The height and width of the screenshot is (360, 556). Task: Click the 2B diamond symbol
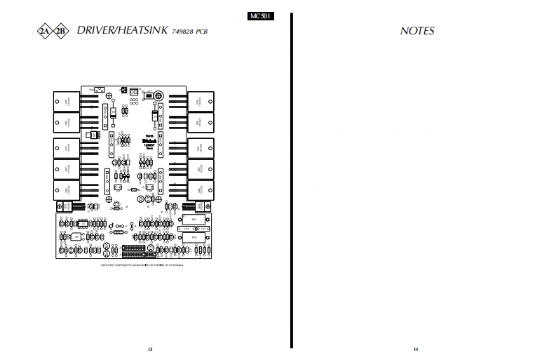click(x=62, y=31)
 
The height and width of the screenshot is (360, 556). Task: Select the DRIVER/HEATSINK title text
click(x=121, y=31)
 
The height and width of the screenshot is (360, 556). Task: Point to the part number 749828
click(x=180, y=32)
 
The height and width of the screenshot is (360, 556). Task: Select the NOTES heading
click(x=417, y=31)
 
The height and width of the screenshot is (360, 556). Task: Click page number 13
click(x=149, y=349)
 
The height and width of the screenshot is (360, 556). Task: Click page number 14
click(x=416, y=349)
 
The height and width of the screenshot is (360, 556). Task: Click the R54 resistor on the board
click(x=194, y=220)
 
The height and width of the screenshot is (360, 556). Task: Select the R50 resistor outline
click(x=194, y=238)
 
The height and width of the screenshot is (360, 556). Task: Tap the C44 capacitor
click(x=187, y=229)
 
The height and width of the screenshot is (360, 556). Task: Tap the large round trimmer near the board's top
click(x=160, y=95)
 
